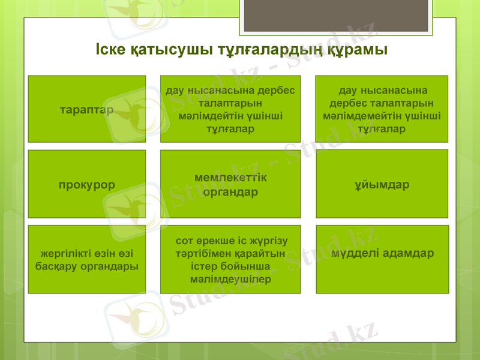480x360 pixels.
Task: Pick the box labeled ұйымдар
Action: [x=382, y=184]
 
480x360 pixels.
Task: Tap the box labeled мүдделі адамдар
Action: [x=382, y=259]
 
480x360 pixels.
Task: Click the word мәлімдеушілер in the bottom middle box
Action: [x=230, y=279]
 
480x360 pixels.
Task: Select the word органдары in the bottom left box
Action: [x=112, y=266]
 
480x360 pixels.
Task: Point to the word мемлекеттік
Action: [x=230, y=178]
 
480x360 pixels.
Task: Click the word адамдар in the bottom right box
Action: [x=408, y=253]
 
